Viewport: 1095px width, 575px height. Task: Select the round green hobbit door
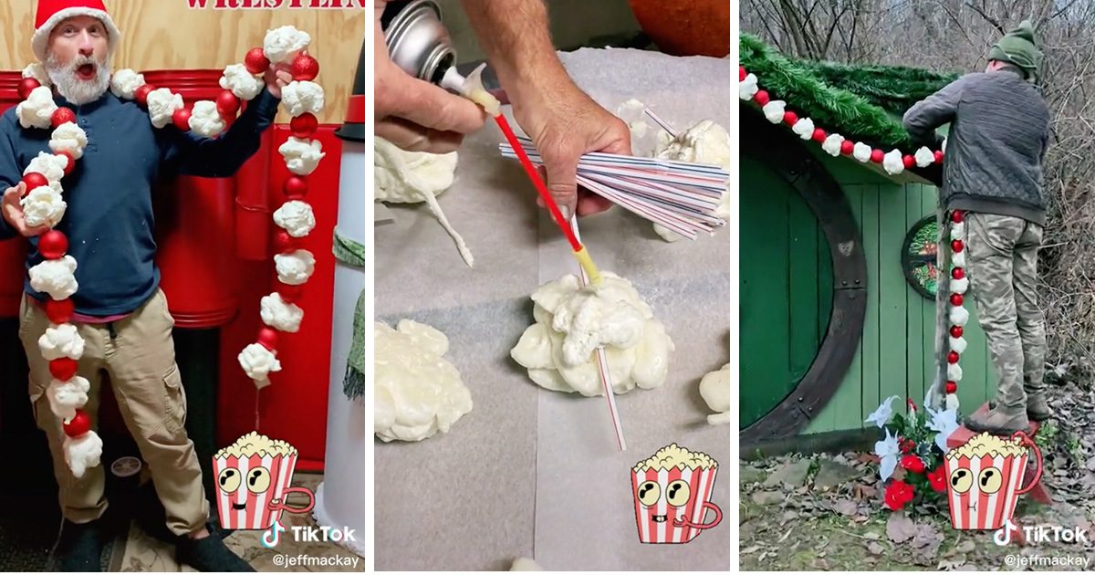(785, 292)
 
